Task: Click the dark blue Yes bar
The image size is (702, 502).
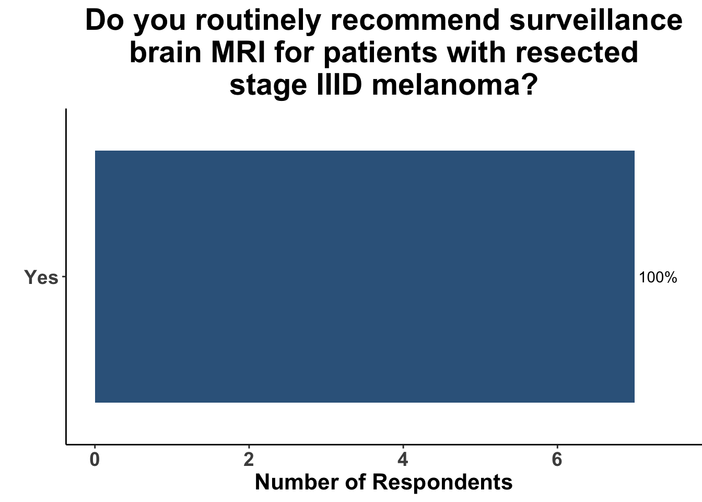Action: [x=365, y=277]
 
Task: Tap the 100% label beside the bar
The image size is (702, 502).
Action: [x=658, y=278]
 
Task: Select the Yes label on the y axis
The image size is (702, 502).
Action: [x=41, y=278]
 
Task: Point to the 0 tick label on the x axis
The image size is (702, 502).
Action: [x=95, y=460]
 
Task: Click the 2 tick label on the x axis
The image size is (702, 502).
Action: [x=249, y=460]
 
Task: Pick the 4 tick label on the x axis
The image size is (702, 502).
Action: [x=403, y=460]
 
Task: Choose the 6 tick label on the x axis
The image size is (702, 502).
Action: [x=557, y=460]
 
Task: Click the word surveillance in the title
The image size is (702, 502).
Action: [x=596, y=20]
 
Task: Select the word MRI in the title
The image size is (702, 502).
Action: [x=238, y=53]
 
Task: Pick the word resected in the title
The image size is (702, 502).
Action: [x=576, y=53]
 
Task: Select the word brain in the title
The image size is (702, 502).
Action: [x=166, y=52]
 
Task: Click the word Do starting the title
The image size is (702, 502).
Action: [x=104, y=20]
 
